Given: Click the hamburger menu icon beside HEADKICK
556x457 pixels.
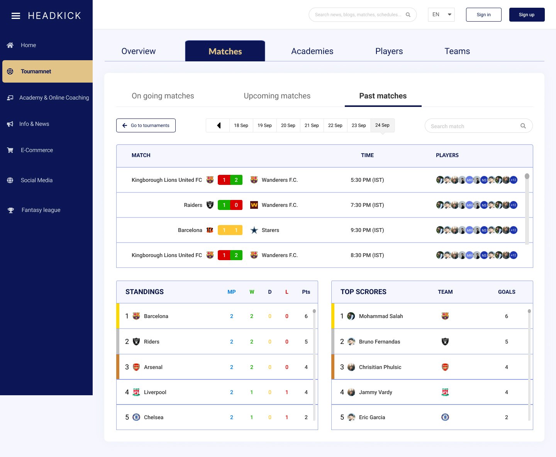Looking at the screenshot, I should point(16,16).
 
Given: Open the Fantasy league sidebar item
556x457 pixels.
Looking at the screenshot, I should point(41,210).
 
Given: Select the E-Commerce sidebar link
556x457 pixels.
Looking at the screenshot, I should point(37,150).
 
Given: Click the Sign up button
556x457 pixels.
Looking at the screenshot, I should point(527,15).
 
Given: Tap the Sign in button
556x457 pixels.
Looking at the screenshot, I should point(483,15).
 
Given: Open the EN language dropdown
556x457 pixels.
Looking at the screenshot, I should point(441,15).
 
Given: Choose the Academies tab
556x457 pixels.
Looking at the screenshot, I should point(312,51).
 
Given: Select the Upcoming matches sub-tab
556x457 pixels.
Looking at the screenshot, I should point(277,96).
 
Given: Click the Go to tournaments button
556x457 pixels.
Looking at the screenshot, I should point(146,125).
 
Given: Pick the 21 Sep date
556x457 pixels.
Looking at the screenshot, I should point(312,125).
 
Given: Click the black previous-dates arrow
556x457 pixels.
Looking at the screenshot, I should point(219,125).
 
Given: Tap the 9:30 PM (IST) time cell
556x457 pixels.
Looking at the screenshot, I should point(367,230).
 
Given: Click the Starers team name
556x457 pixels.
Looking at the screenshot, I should point(270,230).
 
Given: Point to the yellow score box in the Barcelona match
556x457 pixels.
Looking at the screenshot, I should point(230,230).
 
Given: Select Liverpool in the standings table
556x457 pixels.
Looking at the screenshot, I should point(155,392).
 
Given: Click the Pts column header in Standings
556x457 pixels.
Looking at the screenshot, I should point(306,292).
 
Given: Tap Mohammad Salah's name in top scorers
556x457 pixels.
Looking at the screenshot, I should point(381,316).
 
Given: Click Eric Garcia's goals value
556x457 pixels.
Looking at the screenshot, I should point(507,417).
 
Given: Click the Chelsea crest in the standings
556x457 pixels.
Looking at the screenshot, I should point(136,417).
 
